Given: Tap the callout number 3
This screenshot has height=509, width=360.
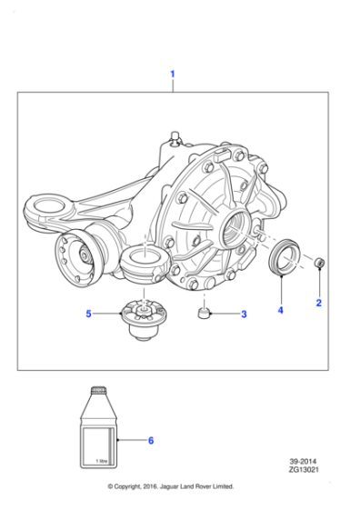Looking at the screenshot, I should [x=243, y=314].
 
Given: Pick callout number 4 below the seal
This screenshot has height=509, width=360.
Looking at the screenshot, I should [x=280, y=310].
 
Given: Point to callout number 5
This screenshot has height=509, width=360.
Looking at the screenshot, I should [x=89, y=314].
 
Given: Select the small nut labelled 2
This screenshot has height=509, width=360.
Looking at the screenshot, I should [x=320, y=264].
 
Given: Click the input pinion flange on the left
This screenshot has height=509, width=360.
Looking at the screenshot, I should [x=76, y=255].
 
